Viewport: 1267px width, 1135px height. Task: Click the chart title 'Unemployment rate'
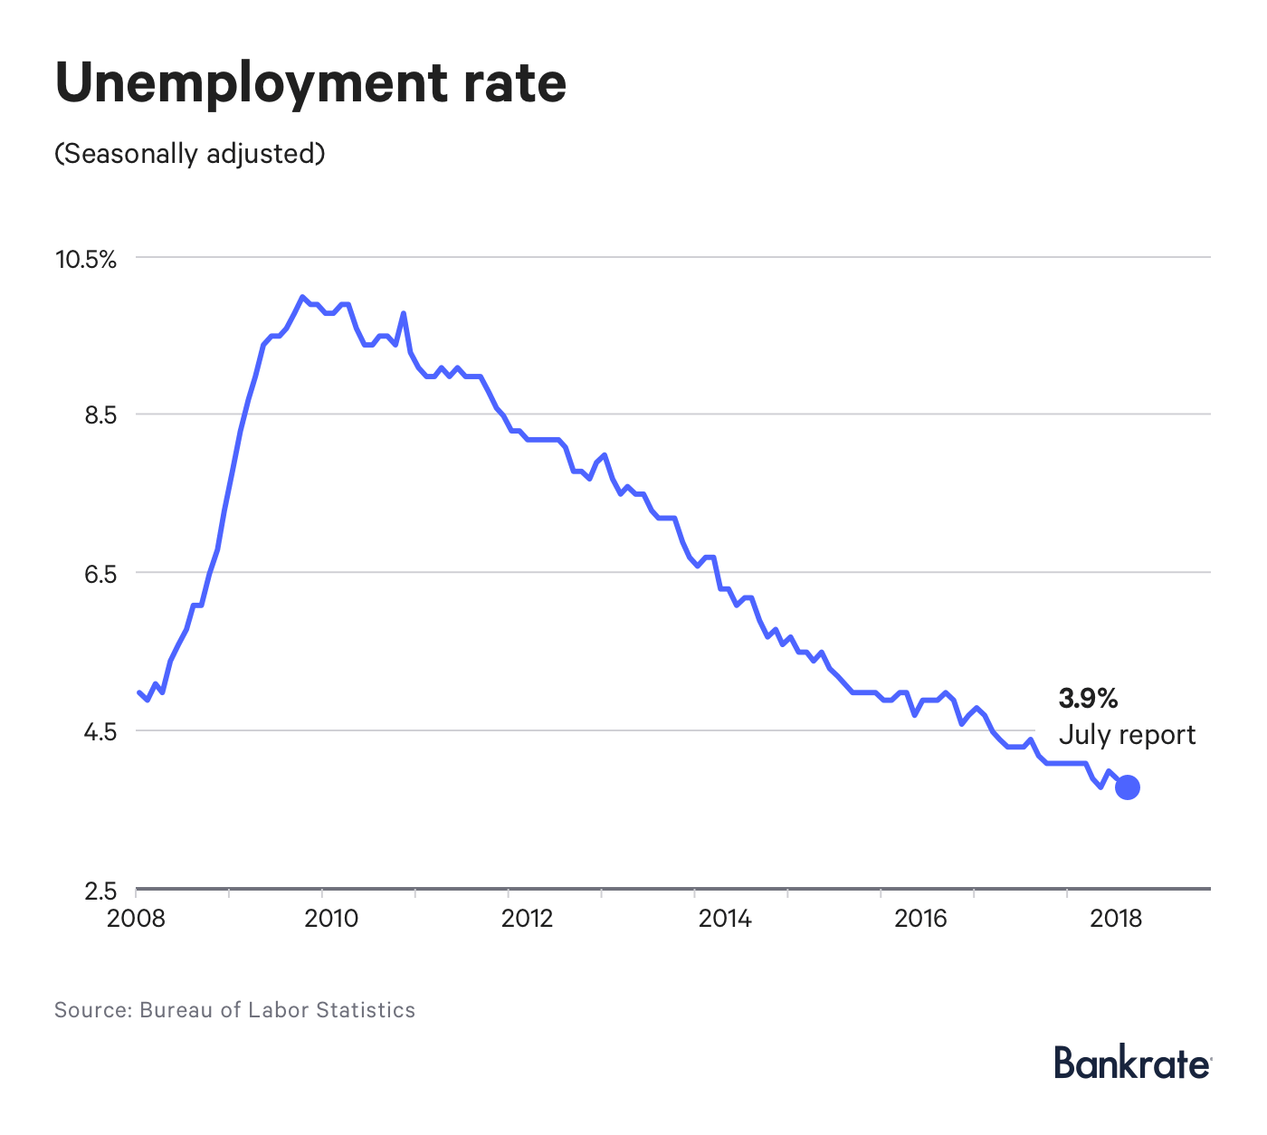click(x=310, y=83)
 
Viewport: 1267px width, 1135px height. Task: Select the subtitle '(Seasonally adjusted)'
click(x=189, y=153)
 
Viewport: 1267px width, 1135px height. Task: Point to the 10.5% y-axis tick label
click(x=86, y=260)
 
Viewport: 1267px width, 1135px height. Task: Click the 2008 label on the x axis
click(x=136, y=919)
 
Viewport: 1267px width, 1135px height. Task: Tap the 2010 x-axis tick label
click(x=331, y=919)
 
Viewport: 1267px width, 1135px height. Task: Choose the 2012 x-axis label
click(x=527, y=919)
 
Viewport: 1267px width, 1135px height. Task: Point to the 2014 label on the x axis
click(x=724, y=919)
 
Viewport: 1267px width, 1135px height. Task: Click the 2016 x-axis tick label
click(x=920, y=919)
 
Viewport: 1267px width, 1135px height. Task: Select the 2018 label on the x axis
click(x=1116, y=919)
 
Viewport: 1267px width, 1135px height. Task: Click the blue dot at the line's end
click(x=1128, y=787)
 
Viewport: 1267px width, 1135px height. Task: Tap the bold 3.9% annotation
click(x=1088, y=698)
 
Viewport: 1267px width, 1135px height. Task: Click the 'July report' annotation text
click(x=1127, y=734)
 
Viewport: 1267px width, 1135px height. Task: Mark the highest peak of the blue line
click(x=302, y=297)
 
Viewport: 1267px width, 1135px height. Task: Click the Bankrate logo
click(x=1131, y=1063)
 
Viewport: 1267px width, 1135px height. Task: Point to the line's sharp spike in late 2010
click(x=404, y=314)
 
